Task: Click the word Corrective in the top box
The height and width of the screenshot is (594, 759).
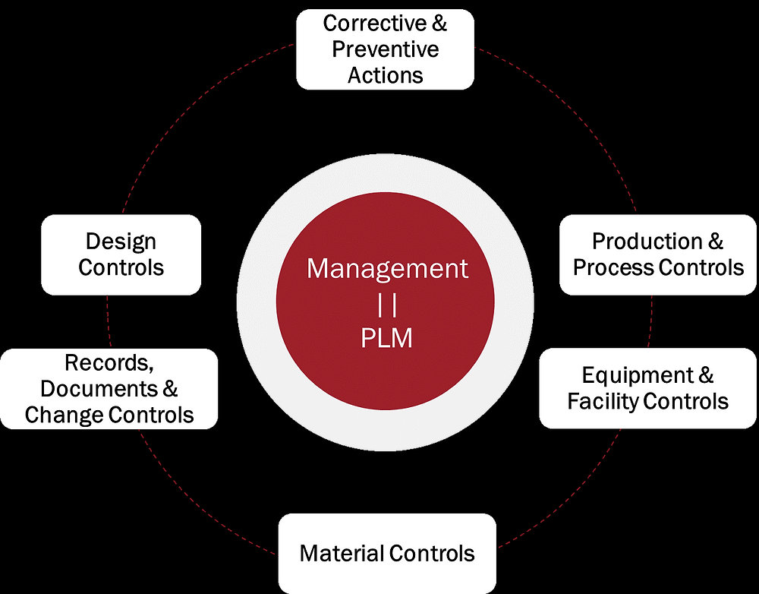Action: pyautogui.click(x=370, y=24)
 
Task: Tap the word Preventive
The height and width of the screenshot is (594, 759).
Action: pyautogui.click(x=386, y=49)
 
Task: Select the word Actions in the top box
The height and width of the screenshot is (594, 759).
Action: pyautogui.click(x=386, y=75)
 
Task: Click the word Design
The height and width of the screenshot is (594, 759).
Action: pyautogui.click(x=121, y=242)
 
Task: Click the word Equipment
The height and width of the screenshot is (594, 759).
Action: pyautogui.click(x=638, y=375)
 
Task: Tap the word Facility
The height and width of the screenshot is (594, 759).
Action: pyautogui.click(x=603, y=401)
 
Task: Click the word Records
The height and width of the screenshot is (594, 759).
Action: pyautogui.click(x=109, y=362)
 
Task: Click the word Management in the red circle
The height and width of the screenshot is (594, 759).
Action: pyautogui.click(x=387, y=269)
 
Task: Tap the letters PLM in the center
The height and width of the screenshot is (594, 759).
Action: pyautogui.click(x=387, y=337)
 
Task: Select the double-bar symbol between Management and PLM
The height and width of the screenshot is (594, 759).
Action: pyautogui.click(x=387, y=303)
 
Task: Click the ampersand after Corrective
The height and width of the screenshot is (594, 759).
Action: pyautogui.click(x=439, y=24)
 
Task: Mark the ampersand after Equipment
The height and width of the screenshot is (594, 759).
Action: pyautogui.click(x=705, y=375)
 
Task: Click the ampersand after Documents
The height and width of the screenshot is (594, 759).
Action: pyautogui.click(x=170, y=388)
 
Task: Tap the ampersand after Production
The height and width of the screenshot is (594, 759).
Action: pyautogui.click(x=716, y=242)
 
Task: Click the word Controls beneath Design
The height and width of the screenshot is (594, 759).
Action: pyautogui.click(x=121, y=267)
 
